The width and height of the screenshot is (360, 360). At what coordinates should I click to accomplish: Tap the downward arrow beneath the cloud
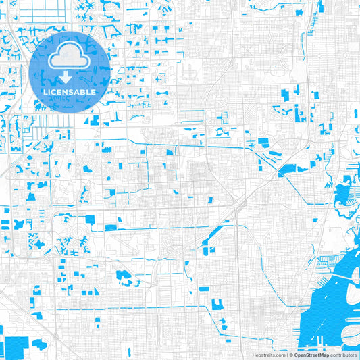click(70, 78)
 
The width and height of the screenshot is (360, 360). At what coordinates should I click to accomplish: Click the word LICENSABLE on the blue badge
click(70, 91)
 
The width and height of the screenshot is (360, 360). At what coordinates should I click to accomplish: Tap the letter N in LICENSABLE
click(68, 91)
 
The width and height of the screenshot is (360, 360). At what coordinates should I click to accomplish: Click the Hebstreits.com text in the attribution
click(269, 354)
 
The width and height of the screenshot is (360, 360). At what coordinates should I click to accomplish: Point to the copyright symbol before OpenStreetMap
click(290, 354)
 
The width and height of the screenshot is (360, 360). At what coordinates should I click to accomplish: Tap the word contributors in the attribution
click(343, 354)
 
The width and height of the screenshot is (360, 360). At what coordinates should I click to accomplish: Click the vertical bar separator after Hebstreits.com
click(286, 354)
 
